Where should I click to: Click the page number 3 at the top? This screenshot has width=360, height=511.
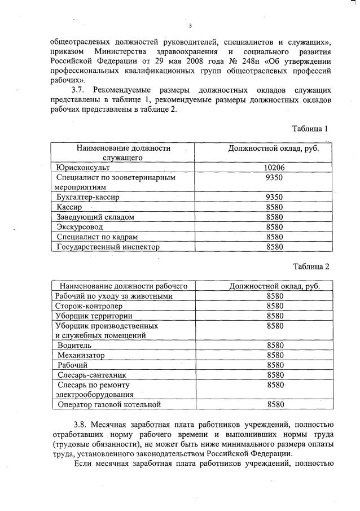pos(191,25)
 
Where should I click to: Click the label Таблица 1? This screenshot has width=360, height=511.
pos(310,129)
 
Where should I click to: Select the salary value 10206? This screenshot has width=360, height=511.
pos(274,167)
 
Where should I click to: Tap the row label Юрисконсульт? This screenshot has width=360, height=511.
pos(82,168)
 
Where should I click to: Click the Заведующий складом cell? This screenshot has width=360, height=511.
pos(93,217)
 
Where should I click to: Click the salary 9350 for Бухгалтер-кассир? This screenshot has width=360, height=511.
pos(274,197)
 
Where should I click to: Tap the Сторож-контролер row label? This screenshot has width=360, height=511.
pos(90,306)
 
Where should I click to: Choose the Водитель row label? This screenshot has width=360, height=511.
pos(74,345)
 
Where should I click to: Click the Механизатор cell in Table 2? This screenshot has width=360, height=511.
pos(81,355)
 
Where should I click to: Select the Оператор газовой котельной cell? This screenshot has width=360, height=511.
pos(109,404)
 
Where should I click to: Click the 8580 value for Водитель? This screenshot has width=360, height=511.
pos(275,345)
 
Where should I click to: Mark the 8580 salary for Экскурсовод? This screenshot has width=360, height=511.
pos(274,227)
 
